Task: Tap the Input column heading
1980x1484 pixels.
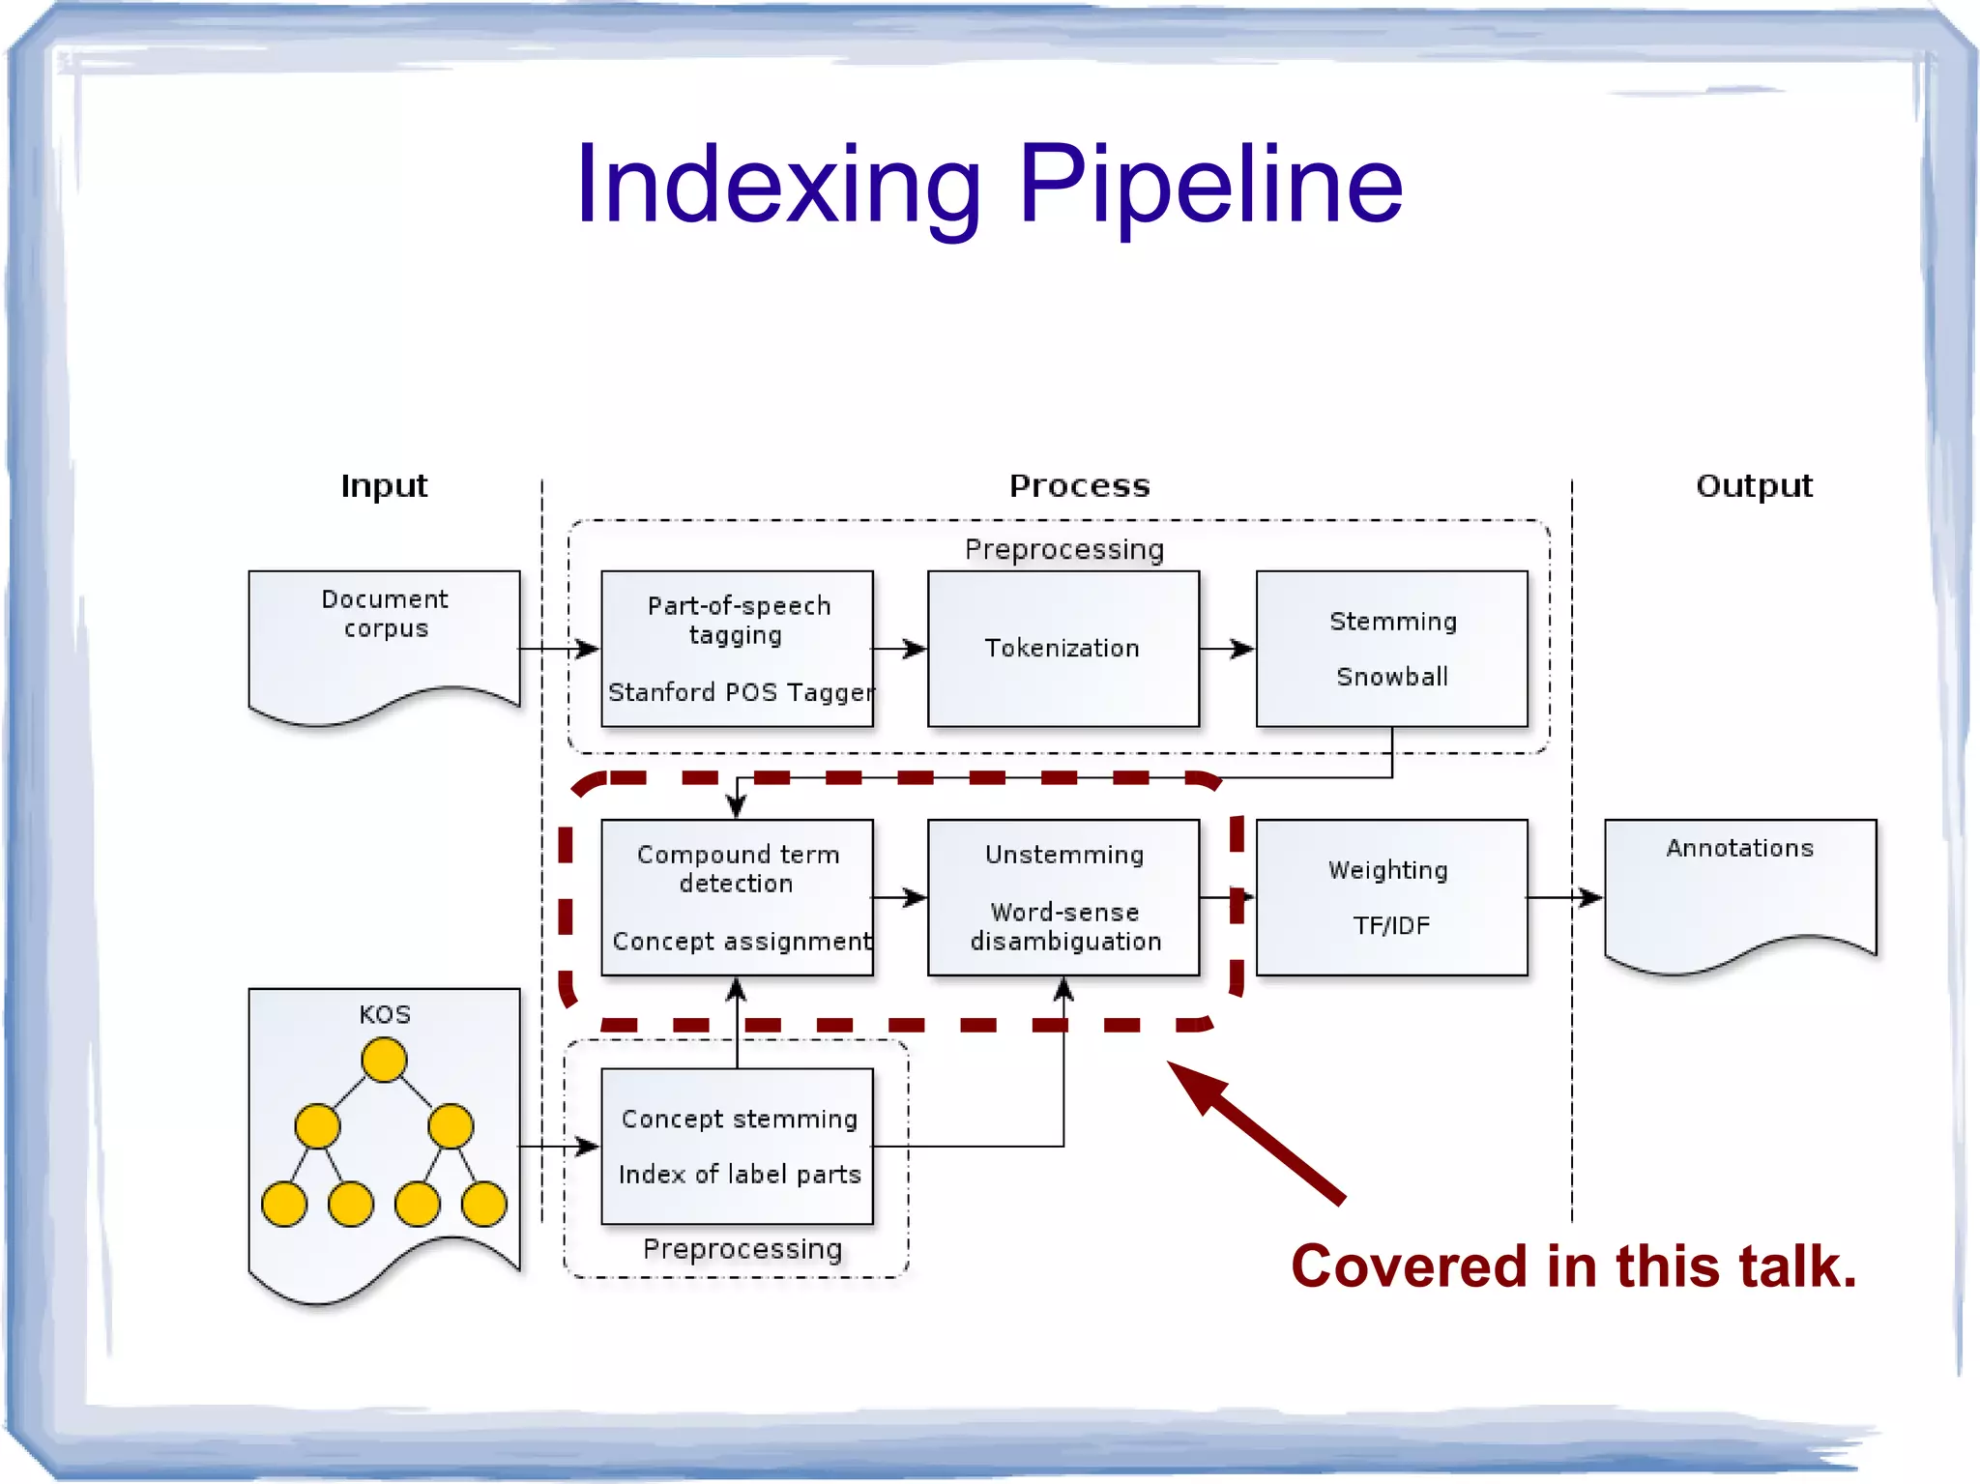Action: point(384,485)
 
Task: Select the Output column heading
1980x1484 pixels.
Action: point(1754,485)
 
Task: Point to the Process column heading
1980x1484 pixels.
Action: point(1079,485)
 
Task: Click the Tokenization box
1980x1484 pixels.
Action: point(1063,649)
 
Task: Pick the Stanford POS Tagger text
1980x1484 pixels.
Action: point(740,693)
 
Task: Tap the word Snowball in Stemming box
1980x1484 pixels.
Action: point(1392,677)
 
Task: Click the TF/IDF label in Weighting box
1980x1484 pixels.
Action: point(1391,926)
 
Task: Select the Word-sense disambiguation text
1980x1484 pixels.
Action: point(1064,927)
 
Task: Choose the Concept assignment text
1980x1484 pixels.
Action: point(742,942)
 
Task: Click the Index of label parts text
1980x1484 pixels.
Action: point(740,1175)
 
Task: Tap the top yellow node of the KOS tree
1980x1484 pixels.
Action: point(384,1060)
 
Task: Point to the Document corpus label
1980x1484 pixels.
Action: point(385,614)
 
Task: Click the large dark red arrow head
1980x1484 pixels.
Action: point(1195,1085)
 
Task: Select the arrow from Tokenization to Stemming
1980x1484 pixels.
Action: point(1227,649)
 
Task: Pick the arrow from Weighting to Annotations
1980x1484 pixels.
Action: point(1565,898)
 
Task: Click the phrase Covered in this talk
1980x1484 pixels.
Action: point(1573,1266)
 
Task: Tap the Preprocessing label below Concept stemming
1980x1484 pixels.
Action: point(742,1249)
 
